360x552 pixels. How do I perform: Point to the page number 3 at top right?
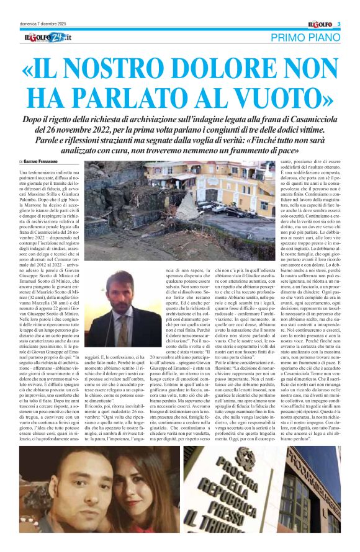click(x=339, y=24)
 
